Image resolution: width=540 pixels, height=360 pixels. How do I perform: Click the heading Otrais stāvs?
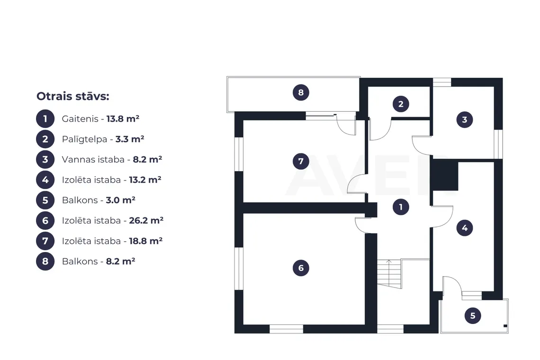[x=72, y=96]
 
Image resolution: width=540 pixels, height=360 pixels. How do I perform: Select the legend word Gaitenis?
[x=80, y=119]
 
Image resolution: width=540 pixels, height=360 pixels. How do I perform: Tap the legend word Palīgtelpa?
[x=85, y=139]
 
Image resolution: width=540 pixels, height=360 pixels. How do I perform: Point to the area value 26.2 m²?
[x=146, y=220]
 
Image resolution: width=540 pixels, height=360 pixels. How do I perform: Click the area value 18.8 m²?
[x=146, y=241]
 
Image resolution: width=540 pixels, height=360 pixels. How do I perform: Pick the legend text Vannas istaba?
[x=93, y=160]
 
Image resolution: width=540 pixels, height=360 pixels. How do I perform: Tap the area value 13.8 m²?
[x=123, y=119]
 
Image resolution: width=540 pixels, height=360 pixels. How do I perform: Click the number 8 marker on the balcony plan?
[x=301, y=92]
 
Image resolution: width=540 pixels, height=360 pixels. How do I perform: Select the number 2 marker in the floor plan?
[x=401, y=104]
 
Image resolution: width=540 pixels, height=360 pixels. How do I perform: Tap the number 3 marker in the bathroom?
[x=464, y=120]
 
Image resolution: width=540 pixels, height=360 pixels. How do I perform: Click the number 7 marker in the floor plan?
[x=301, y=161]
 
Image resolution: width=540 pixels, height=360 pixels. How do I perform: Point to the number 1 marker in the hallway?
[x=401, y=207]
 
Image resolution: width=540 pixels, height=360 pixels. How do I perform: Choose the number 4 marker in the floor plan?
[x=464, y=228]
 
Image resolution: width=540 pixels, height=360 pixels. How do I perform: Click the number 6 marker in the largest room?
[x=301, y=268]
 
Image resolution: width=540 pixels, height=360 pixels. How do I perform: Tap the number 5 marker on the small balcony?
[x=473, y=315]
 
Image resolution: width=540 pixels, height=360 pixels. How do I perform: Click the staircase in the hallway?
[x=389, y=274]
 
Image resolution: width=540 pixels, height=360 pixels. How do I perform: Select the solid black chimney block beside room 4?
[x=445, y=175]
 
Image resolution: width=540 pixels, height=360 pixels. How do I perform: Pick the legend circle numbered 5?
[x=45, y=200]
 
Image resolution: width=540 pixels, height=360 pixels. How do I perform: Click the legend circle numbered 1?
[x=45, y=119]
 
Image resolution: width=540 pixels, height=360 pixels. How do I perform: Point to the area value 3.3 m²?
[x=129, y=139]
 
